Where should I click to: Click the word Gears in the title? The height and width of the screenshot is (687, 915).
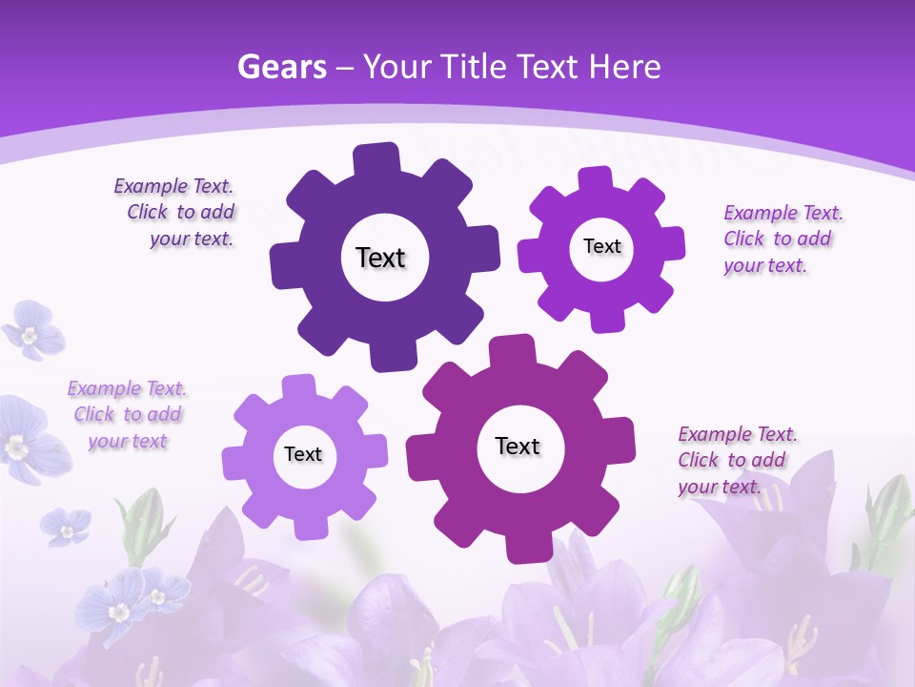click(281, 67)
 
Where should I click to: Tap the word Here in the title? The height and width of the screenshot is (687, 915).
click(624, 67)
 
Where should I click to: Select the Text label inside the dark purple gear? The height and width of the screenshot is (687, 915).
click(380, 258)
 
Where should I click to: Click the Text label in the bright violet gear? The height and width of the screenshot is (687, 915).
click(601, 246)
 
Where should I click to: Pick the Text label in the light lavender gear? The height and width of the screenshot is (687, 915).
click(303, 454)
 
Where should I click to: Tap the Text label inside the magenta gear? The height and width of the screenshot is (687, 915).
click(518, 446)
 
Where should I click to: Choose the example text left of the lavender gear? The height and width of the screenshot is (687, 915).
click(127, 414)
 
